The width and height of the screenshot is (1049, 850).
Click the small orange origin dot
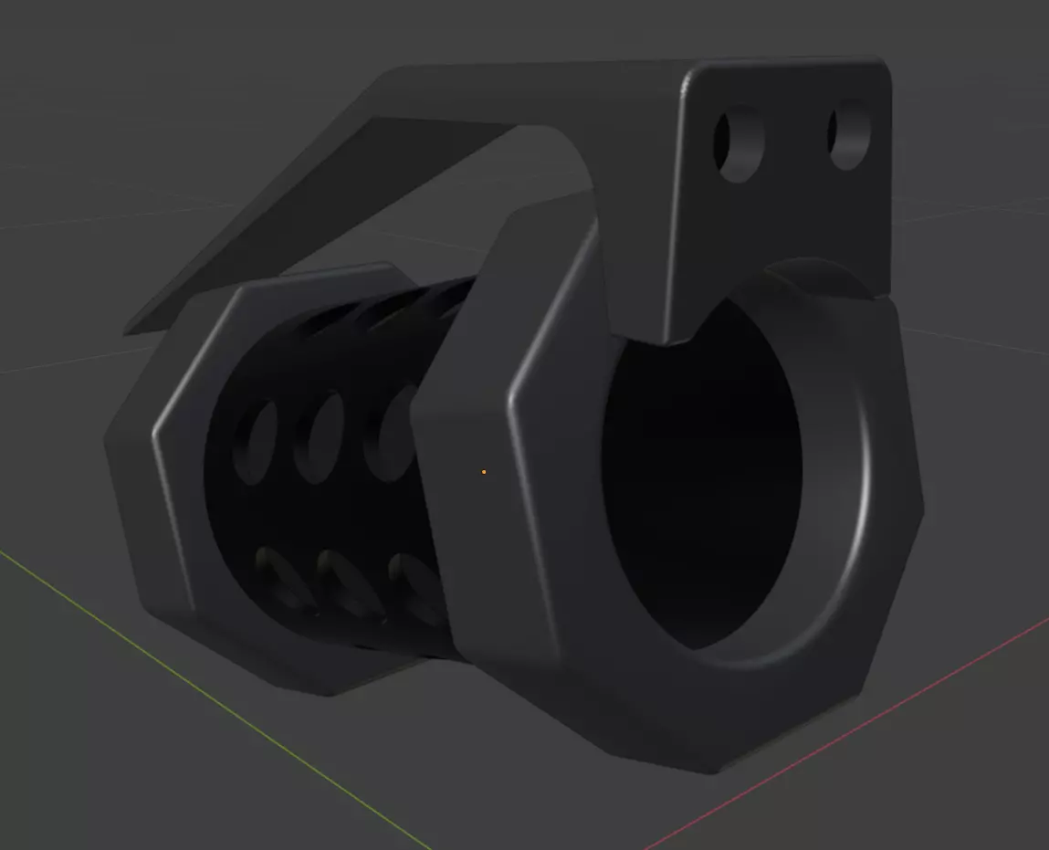[483, 472]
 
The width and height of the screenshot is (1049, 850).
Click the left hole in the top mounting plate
[739, 144]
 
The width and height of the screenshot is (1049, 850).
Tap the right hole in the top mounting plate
[849, 138]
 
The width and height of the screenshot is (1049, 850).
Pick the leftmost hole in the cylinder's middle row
[255, 442]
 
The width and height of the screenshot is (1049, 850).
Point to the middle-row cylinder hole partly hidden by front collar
[391, 434]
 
